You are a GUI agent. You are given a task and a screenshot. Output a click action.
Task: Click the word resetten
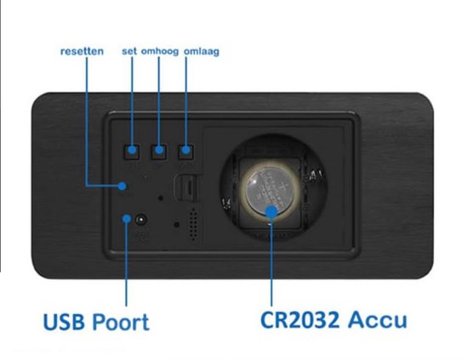(82, 51)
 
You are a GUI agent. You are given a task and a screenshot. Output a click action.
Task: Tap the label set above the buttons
(129, 51)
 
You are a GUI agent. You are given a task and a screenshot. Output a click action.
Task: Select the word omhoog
(160, 51)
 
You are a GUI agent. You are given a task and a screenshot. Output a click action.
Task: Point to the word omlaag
(202, 51)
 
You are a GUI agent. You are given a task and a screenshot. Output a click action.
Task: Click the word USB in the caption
(64, 322)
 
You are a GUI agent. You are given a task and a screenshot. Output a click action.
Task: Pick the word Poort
(120, 322)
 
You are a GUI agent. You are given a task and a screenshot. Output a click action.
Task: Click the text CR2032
(300, 320)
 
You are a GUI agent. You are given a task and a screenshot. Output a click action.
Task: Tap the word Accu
(377, 320)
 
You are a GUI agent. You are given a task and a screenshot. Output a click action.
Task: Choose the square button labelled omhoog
(159, 151)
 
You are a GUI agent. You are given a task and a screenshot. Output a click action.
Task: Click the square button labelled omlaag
(186, 151)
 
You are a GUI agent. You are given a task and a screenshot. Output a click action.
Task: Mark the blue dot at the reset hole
(122, 186)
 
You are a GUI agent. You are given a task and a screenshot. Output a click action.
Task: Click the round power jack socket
(141, 220)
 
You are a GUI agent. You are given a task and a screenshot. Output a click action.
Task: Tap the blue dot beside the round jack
(127, 219)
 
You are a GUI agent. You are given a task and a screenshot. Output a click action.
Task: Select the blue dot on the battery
(271, 212)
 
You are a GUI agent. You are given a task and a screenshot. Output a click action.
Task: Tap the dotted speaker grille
(193, 224)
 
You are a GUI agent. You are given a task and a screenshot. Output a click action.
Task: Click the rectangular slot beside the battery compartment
(186, 188)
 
